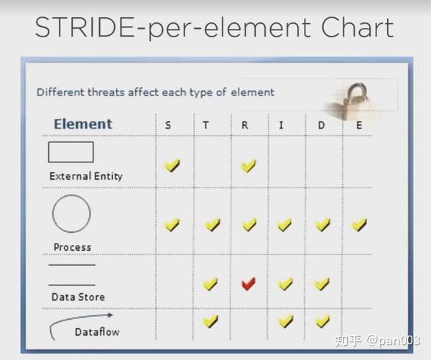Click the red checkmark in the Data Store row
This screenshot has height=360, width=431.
249,284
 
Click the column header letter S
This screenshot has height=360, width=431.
168,125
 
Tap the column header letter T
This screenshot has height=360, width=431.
206,125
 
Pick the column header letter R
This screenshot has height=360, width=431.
244,125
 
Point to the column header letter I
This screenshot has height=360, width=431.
281,125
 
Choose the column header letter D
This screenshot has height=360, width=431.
321,125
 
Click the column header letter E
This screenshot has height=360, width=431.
359,125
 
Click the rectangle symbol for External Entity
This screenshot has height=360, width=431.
70,152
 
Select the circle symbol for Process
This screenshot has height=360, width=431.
71,213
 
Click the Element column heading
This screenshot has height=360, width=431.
83,124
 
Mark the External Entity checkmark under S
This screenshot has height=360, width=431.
172,166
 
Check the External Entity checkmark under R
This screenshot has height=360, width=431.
249,166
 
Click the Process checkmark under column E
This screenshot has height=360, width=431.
359,225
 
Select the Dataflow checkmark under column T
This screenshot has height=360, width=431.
210,320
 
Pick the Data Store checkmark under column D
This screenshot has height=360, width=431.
322,284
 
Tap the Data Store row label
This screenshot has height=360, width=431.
78,297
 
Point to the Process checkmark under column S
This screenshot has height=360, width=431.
172,225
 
